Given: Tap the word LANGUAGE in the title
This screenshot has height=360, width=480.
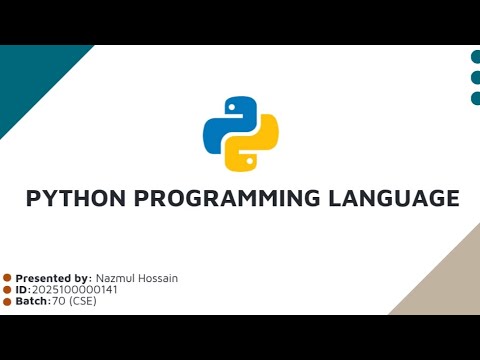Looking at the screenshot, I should [x=393, y=198].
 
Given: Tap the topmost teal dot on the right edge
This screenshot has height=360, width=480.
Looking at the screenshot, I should [x=476, y=56].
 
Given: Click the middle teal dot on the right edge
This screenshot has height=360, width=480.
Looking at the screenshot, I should [x=476, y=77].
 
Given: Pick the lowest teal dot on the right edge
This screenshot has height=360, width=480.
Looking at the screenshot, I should [x=476, y=98].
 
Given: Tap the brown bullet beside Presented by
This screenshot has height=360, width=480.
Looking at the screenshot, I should [x=7, y=278].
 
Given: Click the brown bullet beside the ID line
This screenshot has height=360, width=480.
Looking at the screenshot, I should [x=7, y=289].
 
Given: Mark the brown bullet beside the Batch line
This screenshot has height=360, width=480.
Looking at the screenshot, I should [x=7, y=301].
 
